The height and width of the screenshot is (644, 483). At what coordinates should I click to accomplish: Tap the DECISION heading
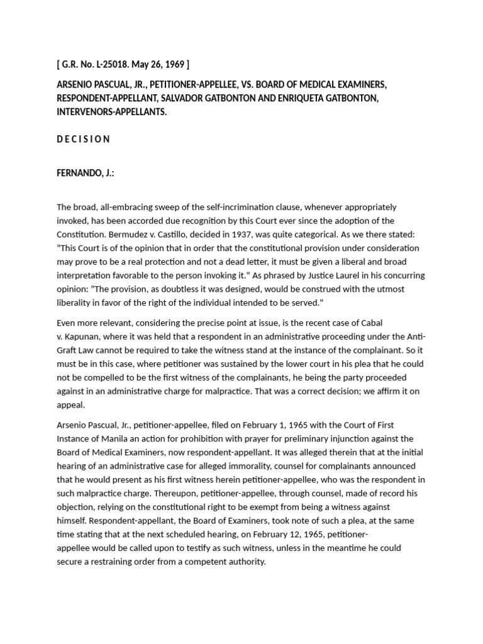click(83, 139)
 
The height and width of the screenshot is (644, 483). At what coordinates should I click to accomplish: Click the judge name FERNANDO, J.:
click(86, 172)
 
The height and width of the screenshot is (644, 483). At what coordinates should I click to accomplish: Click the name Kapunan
click(86, 336)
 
